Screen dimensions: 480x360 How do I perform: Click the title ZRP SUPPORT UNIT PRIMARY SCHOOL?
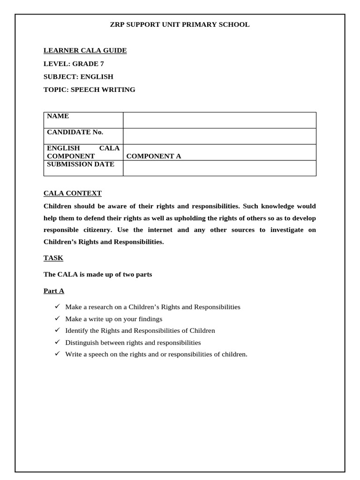point(180,25)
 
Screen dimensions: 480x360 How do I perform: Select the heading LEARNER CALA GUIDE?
point(85,51)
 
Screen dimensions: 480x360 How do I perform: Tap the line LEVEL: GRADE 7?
point(74,64)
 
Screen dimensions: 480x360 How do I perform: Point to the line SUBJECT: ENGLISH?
point(78,76)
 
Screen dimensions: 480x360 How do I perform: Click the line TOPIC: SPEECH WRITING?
point(89,90)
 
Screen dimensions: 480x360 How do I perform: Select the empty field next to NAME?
point(219,120)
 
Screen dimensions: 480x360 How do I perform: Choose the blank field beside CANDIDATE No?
point(219,136)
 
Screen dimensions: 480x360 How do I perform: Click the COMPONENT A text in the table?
point(153,157)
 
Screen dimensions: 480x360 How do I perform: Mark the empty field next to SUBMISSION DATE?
point(219,168)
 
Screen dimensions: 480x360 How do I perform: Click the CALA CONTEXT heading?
point(72,194)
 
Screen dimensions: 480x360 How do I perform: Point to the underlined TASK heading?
point(53,258)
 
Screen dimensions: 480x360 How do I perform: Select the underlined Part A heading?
point(53,291)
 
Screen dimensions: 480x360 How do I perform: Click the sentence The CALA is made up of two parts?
point(97,275)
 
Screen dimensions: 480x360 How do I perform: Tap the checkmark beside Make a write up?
point(57,319)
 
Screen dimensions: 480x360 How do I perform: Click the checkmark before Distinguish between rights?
point(57,342)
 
